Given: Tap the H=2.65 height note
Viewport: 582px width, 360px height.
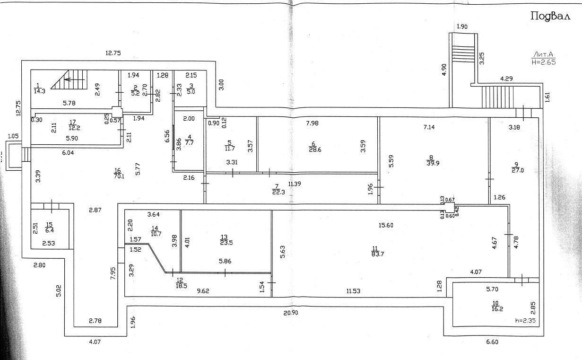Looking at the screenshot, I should click(x=543, y=61).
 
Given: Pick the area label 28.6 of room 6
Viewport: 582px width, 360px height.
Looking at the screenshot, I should click(x=313, y=149).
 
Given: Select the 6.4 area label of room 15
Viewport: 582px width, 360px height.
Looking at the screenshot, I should click(x=49, y=230).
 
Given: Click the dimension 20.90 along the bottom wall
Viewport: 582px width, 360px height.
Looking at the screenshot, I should click(x=291, y=312).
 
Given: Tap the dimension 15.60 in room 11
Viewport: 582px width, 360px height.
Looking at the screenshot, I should click(x=386, y=225).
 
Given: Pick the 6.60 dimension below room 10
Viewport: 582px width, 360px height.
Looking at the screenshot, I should click(x=492, y=342).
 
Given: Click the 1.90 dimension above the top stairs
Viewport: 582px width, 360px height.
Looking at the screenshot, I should click(x=461, y=27).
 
